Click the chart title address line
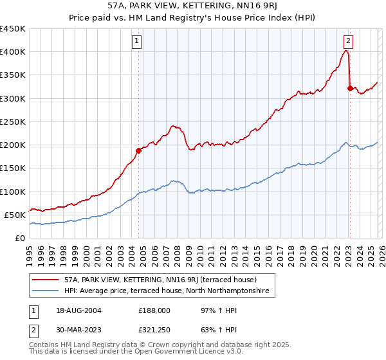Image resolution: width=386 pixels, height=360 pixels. click(x=193, y=6)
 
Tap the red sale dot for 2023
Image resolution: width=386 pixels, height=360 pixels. click(x=350, y=89)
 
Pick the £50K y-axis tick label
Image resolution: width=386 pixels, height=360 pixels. click(x=15, y=215)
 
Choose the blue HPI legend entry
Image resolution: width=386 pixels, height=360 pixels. click(x=169, y=291)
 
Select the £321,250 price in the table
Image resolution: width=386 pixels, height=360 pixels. click(x=154, y=332)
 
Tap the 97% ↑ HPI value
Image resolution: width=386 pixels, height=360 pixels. click(x=210, y=310)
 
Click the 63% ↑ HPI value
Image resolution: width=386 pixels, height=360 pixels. click(x=210, y=332)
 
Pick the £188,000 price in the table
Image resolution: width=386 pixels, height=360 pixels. click(x=154, y=310)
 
